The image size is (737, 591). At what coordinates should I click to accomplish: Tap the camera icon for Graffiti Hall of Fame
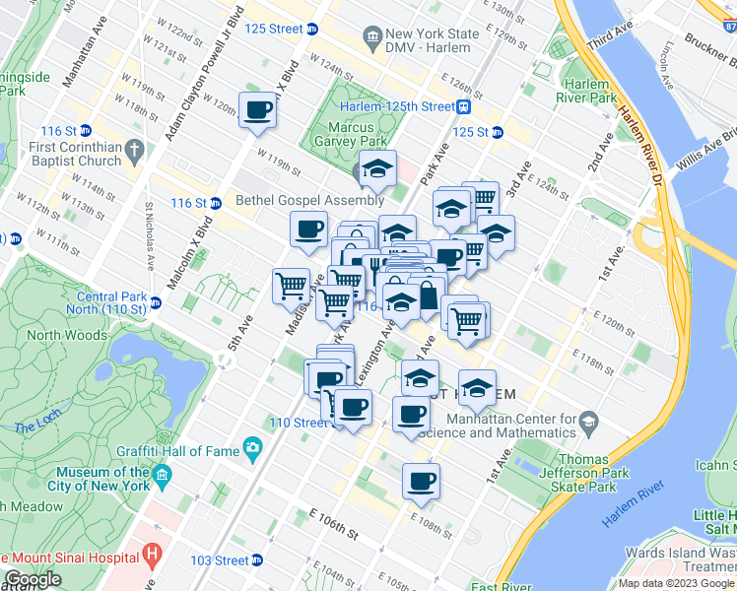[x=255, y=449]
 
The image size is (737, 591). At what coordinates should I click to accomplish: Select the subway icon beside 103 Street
[x=256, y=560]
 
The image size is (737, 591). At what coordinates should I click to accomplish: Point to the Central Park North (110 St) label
[x=112, y=302]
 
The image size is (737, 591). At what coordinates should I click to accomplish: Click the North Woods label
[x=66, y=335]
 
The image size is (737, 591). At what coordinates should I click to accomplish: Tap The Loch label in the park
[x=36, y=427]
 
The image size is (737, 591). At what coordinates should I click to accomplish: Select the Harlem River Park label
[x=583, y=92]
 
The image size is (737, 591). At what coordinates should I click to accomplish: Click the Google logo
[x=32, y=580]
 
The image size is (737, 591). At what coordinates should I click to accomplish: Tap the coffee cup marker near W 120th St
[x=258, y=111]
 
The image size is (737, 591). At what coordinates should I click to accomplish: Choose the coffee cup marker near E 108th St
[x=422, y=483]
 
